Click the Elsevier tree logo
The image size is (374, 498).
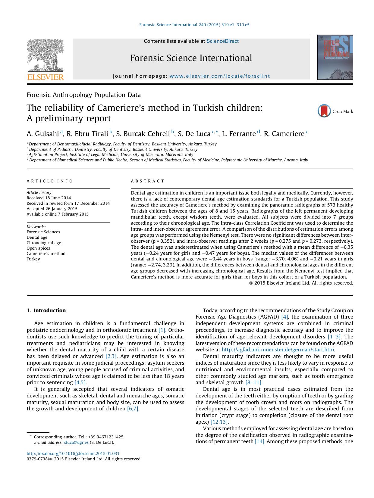pyautogui.click(x=46, y=55)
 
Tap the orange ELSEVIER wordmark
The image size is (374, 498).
pyautogui.click(x=46, y=77)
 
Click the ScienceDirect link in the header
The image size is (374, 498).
pyautogui.click(x=222, y=41)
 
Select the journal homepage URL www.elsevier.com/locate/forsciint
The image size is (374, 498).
pyautogui.click(x=220, y=76)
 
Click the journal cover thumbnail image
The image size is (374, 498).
pyautogui.click(x=335, y=57)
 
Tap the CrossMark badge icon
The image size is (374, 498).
pyautogui.click(x=324, y=111)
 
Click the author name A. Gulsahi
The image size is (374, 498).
pyautogui.click(x=43, y=134)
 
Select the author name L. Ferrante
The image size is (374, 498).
pyautogui.click(x=239, y=134)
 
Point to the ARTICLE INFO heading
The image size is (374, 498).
pyautogui.click(x=50, y=181)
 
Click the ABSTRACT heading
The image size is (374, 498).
pyautogui.click(x=148, y=181)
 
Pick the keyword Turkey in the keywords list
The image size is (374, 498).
pyautogui.click(x=33, y=259)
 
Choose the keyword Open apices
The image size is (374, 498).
pyautogui.click(x=38, y=248)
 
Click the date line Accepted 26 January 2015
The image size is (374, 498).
pyautogui.click(x=52, y=209)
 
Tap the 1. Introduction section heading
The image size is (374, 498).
pyautogui.click(x=46, y=310)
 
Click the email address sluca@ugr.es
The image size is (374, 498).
pyautogui.click(x=76, y=442)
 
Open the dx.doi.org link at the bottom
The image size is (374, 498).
pyautogui.click(x=73, y=453)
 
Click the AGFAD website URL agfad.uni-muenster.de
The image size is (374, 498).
pyautogui.click(x=278, y=350)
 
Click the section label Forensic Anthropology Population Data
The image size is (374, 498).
pyautogui.click(x=83, y=95)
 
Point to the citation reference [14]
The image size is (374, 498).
pyautogui.click(x=259, y=441)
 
